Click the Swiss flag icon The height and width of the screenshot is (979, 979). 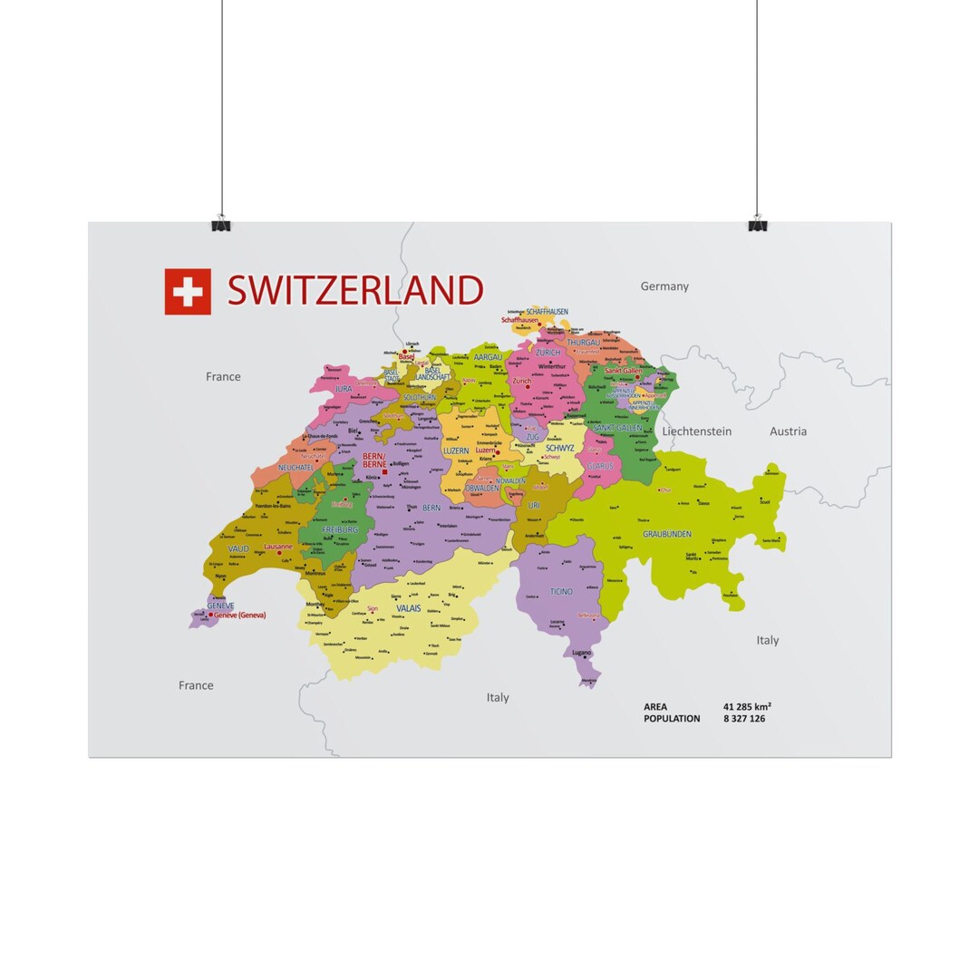click(188, 292)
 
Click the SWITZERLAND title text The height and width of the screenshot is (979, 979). click(354, 291)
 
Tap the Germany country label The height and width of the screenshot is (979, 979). click(664, 286)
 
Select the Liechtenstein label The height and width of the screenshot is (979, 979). click(696, 431)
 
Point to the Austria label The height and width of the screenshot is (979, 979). click(788, 431)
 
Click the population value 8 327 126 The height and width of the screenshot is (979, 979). click(744, 719)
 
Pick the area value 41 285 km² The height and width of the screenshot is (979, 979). click(747, 706)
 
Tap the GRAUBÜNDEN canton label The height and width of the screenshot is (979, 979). click(667, 535)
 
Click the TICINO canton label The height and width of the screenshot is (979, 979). click(561, 592)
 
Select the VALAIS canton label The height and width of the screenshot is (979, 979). click(409, 608)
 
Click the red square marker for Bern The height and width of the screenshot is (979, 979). click(384, 472)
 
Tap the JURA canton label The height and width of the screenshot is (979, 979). click(344, 389)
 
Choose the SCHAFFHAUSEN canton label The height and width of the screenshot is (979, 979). click(547, 312)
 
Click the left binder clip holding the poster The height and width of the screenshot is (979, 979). click(221, 223)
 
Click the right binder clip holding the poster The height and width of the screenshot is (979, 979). click(758, 223)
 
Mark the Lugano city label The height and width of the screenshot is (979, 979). click(581, 653)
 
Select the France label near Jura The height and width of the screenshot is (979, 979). click(223, 377)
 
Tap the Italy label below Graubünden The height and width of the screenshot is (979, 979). click(767, 640)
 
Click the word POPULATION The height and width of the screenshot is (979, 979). click(672, 719)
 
